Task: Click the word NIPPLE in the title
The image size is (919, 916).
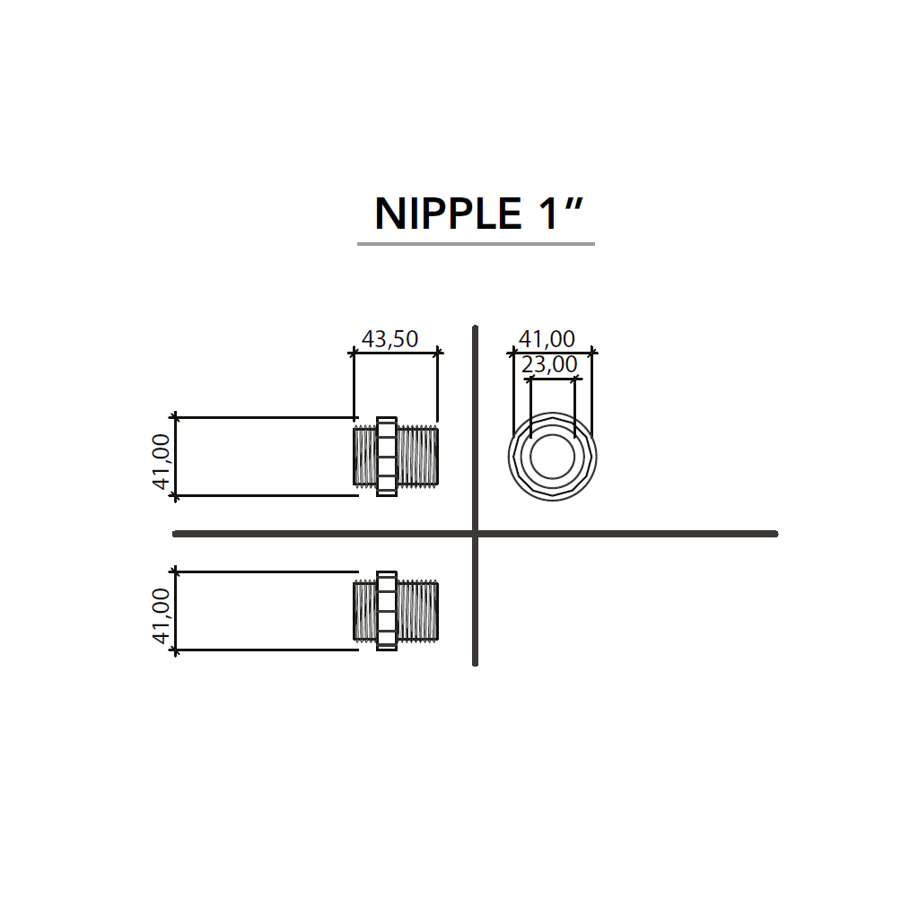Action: click(x=448, y=214)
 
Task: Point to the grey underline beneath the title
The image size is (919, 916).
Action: click(x=476, y=243)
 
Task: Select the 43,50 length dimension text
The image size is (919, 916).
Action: click(x=389, y=339)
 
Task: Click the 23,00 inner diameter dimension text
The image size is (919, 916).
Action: click(x=549, y=364)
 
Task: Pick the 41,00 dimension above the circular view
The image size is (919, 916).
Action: click(x=547, y=339)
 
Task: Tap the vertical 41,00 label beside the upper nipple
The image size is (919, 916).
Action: click(x=162, y=462)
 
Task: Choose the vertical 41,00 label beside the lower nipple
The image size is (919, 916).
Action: click(x=162, y=615)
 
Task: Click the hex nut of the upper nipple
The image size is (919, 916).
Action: click(x=387, y=457)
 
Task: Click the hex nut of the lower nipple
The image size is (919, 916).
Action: click(x=387, y=610)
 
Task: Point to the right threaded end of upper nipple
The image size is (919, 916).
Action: click(x=418, y=457)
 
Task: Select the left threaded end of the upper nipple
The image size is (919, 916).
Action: click(x=365, y=457)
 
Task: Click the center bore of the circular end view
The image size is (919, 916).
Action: click(x=552, y=457)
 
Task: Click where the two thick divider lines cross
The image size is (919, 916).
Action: click(x=475, y=534)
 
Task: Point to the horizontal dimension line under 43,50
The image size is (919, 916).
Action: click(x=395, y=353)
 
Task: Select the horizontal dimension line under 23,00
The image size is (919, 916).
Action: click(x=552, y=379)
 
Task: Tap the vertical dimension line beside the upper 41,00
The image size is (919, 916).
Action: click(x=176, y=457)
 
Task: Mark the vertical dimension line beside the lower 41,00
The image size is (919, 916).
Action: click(x=176, y=610)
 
